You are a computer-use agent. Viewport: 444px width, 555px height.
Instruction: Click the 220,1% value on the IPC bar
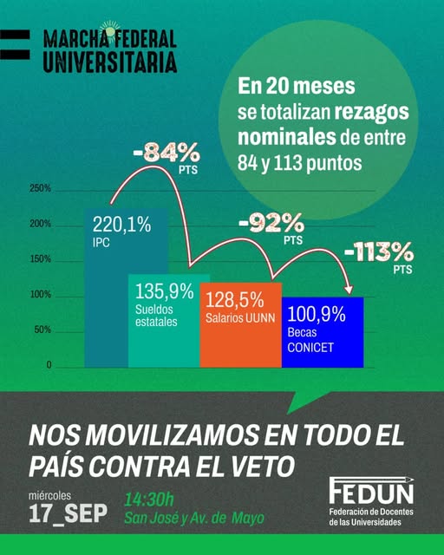pyautogui.click(x=121, y=225)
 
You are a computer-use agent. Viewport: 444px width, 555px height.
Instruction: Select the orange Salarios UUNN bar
pyautogui.click(x=241, y=325)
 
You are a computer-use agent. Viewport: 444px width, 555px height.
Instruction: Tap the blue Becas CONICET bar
pyautogui.click(x=323, y=332)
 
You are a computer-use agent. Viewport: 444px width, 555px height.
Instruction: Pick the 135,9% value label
pyautogui.click(x=164, y=291)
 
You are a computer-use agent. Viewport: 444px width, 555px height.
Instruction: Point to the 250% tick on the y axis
pyautogui.click(x=41, y=188)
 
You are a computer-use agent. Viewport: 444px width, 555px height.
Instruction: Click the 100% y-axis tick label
pyautogui.click(x=41, y=295)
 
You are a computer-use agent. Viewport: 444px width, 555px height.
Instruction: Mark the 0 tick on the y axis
pyautogui.click(x=49, y=365)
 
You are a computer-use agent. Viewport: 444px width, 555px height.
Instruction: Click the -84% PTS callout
pyautogui.click(x=166, y=158)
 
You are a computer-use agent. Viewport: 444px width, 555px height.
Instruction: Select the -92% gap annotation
pyautogui.click(x=271, y=228)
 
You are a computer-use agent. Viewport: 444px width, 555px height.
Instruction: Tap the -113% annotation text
pyautogui.click(x=378, y=258)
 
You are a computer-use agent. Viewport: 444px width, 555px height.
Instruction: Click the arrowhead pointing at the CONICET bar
pyautogui.click(x=349, y=289)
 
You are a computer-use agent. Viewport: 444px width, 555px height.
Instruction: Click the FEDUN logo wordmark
pyautogui.click(x=371, y=490)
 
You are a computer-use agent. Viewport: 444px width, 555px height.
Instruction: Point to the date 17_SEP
pyautogui.click(x=68, y=513)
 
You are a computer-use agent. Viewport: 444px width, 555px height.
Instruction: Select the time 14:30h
pyautogui.click(x=149, y=500)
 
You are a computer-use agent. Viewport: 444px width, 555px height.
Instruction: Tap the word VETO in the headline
pyautogui.click(x=263, y=466)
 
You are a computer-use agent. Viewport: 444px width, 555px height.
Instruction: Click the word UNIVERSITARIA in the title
pyautogui.click(x=110, y=62)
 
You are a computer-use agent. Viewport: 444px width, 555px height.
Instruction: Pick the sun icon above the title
pyautogui.click(x=110, y=31)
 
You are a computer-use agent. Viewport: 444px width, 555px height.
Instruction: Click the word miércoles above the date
pyautogui.click(x=50, y=495)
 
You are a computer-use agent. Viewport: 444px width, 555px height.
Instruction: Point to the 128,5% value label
pyautogui.click(x=234, y=300)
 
